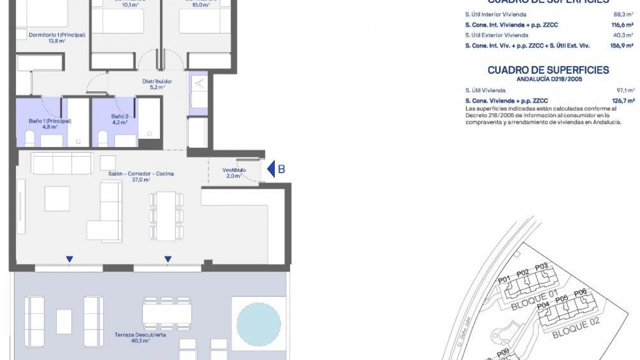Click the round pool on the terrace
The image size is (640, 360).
pyautogui.click(x=259, y=324)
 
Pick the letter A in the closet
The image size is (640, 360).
pyautogui.click(x=200, y=83)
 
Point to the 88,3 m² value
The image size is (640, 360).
pyautogui.click(x=624, y=14)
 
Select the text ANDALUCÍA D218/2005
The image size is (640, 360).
pyautogui.click(x=549, y=79)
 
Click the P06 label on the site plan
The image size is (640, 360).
pyautogui.click(x=580, y=293)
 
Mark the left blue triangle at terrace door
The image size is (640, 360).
pyautogui.click(x=69, y=259)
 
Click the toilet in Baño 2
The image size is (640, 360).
pyautogui.click(x=103, y=138)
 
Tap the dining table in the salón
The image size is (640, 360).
pyautogui.click(x=166, y=216)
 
